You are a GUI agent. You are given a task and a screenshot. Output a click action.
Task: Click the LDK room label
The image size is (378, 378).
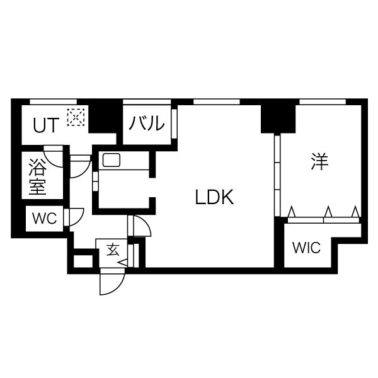[x=214, y=197]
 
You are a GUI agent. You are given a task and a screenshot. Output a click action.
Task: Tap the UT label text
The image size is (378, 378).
[x=46, y=125]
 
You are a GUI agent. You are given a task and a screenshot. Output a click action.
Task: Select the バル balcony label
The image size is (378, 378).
[x=147, y=123]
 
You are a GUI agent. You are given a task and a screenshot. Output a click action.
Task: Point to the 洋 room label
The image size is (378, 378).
[x=319, y=161]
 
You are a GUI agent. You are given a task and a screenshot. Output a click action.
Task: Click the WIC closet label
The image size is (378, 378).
[x=306, y=248]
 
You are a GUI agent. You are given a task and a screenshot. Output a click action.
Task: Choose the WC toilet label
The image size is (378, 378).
[x=45, y=219]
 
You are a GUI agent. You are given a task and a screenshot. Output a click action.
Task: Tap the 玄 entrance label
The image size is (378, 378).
[x=113, y=249]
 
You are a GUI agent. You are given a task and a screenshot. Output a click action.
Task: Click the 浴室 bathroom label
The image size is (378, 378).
[x=37, y=176]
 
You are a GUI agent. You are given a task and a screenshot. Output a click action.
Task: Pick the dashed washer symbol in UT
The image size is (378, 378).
[x=76, y=117]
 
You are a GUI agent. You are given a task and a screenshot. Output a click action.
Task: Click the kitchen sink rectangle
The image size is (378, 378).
[x=112, y=160]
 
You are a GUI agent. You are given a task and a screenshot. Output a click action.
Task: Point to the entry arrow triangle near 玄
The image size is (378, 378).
[x=123, y=263]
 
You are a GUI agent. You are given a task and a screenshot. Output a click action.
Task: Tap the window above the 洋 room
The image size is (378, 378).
[x=323, y=101]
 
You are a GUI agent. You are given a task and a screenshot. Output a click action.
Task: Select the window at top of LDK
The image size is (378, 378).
[x=217, y=101]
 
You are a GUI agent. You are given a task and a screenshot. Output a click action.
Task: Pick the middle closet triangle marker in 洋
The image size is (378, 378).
[x=328, y=212]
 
